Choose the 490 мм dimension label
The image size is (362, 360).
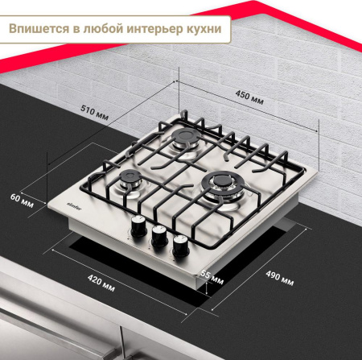(x=282, y=279)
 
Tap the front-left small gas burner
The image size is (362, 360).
(x=128, y=182)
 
